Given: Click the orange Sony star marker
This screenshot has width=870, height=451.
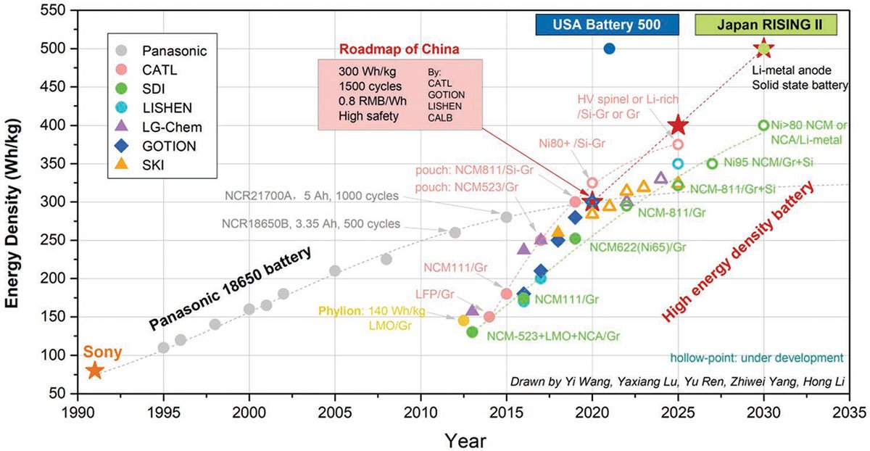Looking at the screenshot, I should (x=94, y=371).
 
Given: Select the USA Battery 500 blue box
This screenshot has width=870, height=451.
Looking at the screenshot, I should (x=607, y=25).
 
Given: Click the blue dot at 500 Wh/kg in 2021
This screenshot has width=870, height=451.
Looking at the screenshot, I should (x=609, y=49).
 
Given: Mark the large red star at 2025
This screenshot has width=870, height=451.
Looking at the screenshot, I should (x=677, y=125).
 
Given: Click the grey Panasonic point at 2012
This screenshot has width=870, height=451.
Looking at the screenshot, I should (x=455, y=233).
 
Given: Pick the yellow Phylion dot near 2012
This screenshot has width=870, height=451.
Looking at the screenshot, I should (x=463, y=320).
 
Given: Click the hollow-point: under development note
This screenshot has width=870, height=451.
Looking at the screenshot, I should (x=756, y=357).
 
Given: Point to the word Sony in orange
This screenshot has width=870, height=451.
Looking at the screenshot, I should (x=103, y=353).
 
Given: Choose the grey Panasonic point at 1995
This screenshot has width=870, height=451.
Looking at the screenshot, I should (x=163, y=347).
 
